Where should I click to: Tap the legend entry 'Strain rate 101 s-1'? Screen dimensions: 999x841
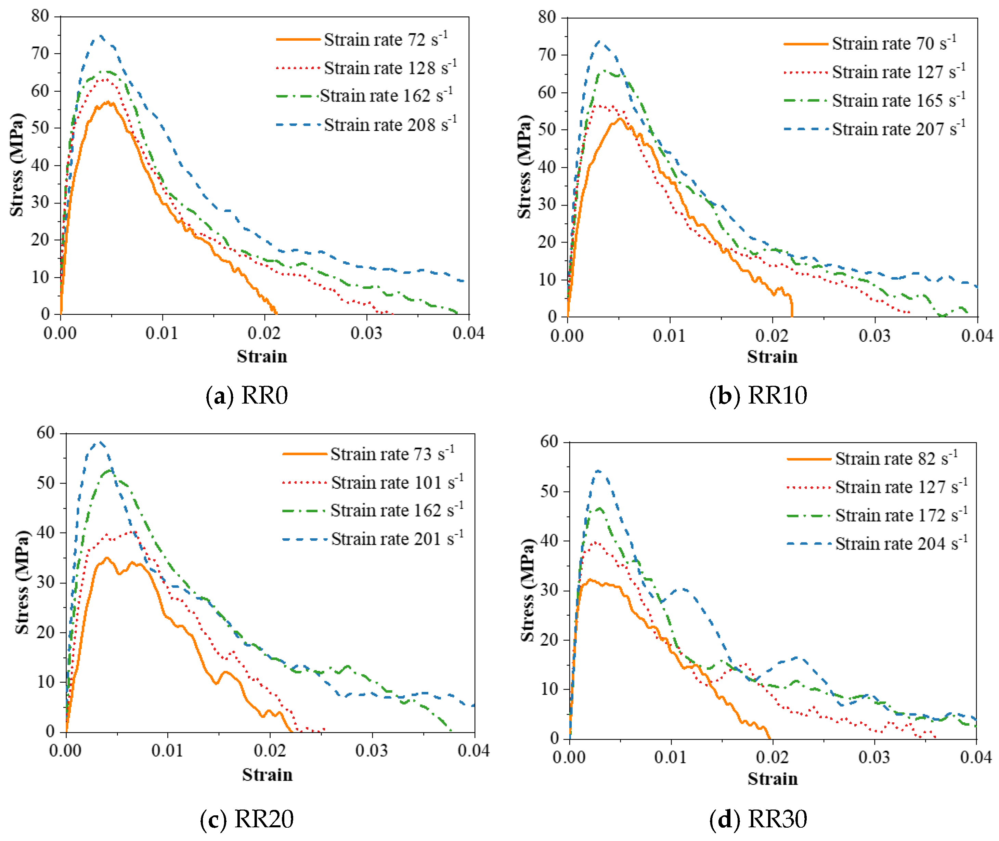[x=373, y=482]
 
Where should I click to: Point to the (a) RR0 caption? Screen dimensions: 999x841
[x=247, y=396]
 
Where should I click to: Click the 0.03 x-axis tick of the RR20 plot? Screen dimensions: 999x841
[x=372, y=750]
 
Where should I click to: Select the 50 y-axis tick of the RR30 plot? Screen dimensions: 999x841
[x=549, y=491]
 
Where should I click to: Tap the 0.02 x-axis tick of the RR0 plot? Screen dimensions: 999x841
[x=264, y=333]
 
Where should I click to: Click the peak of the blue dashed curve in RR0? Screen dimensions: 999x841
[x=100, y=36]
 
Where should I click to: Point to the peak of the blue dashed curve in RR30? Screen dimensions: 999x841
[x=597, y=471]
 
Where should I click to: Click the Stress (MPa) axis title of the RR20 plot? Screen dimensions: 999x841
[x=22, y=582]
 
